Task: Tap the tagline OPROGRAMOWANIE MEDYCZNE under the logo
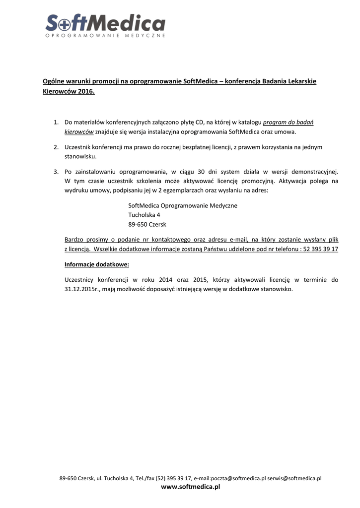105,36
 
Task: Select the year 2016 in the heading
86,92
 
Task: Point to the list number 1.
56,122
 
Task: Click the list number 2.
56,147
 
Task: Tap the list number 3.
56,172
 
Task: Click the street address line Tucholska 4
144,215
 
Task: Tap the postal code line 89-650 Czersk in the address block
147,224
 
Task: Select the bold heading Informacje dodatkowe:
97,264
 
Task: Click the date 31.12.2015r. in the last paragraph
83,289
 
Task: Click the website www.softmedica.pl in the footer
190,488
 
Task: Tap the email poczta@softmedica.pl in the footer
238,479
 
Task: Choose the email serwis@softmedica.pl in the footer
294,479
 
